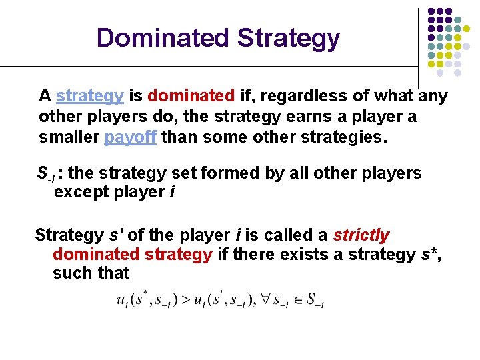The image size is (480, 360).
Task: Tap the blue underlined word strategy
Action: [x=90, y=96]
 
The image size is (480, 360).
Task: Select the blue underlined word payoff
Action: [x=131, y=139]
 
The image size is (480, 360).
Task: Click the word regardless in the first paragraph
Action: [x=291, y=96]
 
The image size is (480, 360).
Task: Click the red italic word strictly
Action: [x=361, y=235]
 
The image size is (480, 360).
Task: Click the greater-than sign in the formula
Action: [x=181, y=299]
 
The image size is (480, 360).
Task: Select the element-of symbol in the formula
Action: [x=298, y=299]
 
